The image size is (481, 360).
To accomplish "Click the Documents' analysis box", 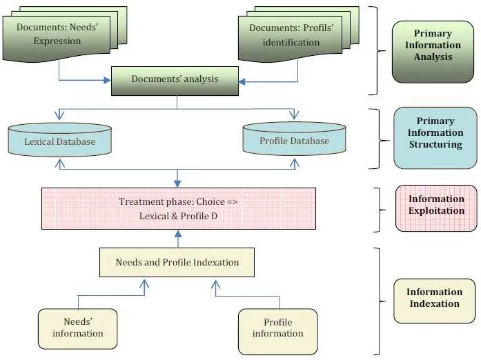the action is pyautogui.click(x=175, y=81).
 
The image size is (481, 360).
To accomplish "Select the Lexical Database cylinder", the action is pyautogui.click(x=60, y=140).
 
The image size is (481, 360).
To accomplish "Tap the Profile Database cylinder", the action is pyautogui.click(x=294, y=139).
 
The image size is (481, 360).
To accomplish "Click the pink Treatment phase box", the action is pyautogui.click(x=179, y=208).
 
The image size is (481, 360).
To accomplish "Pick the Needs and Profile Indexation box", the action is pyautogui.click(x=177, y=263).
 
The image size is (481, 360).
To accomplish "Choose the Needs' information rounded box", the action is pyautogui.click(x=77, y=329).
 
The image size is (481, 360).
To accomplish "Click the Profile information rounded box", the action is pyautogui.click(x=278, y=332).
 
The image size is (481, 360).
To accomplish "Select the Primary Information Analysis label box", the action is pyautogui.click(x=433, y=52).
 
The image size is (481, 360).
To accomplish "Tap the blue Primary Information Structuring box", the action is pyautogui.click(x=435, y=138).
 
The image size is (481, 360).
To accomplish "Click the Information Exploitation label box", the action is pyautogui.click(x=436, y=208).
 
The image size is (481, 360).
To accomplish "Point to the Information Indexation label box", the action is pyautogui.click(x=434, y=301).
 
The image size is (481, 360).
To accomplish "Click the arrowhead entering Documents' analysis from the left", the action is pyautogui.click(x=108, y=80).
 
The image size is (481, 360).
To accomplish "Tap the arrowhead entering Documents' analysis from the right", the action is pyautogui.click(x=242, y=82).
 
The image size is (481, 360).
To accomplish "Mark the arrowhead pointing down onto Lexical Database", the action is pyautogui.click(x=59, y=116).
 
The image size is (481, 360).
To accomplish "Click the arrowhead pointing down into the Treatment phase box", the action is pyautogui.click(x=177, y=183).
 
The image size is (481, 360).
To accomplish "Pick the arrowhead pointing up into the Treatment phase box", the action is pyautogui.click(x=178, y=234).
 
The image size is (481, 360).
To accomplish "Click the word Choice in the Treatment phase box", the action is pyautogui.click(x=210, y=201).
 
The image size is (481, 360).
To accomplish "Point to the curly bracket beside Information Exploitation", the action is pyautogui.click(x=379, y=210).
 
